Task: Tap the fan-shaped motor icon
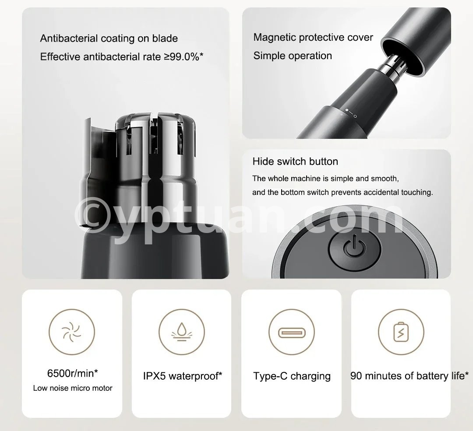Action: tap(72, 332)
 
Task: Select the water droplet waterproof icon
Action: tap(182, 332)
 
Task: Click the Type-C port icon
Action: tap(292, 333)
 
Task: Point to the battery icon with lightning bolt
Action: tap(401, 332)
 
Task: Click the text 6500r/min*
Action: tap(72, 373)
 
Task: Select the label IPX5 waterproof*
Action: tap(183, 376)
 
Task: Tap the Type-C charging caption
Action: tap(292, 376)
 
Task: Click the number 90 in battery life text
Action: tap(356, 376)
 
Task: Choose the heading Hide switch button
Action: tap(295, 161)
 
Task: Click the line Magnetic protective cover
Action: tap(313, 37)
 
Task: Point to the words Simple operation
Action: tap(293, 56)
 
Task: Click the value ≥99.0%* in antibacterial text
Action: tap(184, 57)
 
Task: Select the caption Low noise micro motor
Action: tap(73, 388)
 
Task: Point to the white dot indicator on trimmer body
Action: tap(347, 110)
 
